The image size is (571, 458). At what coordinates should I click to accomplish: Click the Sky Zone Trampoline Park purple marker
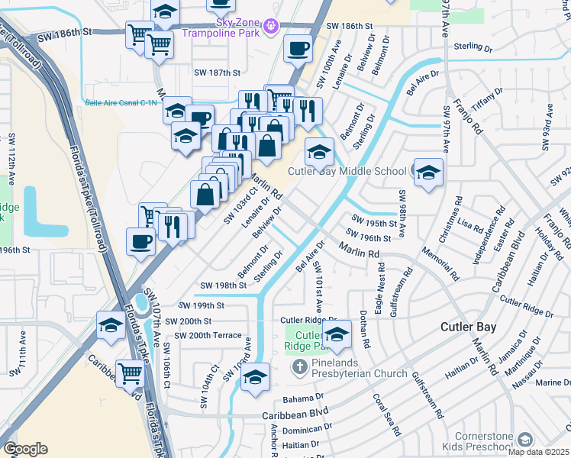point(269,27)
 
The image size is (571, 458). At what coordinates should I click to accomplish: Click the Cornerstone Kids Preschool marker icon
point(524,439)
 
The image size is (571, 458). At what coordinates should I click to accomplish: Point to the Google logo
point(24,449)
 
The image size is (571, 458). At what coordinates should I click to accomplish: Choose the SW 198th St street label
point(223,285)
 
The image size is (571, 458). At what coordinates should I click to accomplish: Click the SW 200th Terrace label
point(208,336)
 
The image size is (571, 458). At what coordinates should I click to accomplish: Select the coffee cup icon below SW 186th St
point(298,48)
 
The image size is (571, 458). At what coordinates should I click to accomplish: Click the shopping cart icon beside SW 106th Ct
point(131,373)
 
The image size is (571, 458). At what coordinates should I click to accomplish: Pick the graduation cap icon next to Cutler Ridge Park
point(337,333)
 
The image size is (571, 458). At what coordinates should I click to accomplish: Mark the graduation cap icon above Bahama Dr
point(256,377)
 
